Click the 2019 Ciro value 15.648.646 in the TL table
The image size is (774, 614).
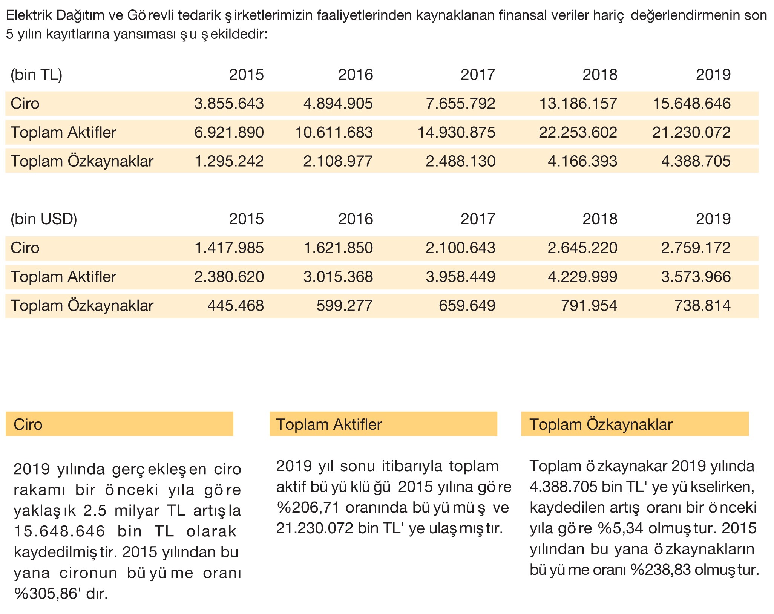(x=691, y=104)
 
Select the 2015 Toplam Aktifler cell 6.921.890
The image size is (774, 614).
(x=229, y=133)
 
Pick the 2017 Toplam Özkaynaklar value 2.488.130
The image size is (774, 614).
(x=460, y=161)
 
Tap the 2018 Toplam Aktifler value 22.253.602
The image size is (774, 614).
(x=578, y=133)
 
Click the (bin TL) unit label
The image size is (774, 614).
(x=36, y=75)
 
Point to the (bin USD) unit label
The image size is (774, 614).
(x=44, y=219)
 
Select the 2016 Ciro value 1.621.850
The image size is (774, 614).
(x=338, y=248)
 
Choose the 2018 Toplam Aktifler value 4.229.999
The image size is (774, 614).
(x=582, y=277)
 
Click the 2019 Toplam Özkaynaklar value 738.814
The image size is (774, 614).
(x=702, y=306)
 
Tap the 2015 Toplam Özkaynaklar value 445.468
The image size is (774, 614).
(x=236, y=306)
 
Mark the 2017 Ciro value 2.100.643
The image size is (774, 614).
(x=460, y=248)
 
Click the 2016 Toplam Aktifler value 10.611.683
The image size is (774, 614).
(x=334, y=133)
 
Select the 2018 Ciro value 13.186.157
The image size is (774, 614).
(x=578, y=104)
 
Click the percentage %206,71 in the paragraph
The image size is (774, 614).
(x=309, y=508)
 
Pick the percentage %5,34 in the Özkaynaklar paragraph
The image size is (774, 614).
(x=621, y=528)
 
